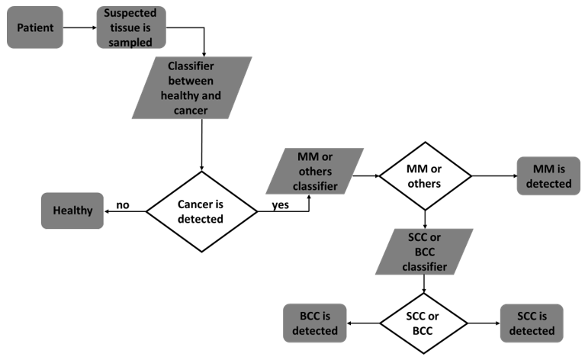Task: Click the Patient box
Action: pos(35,27)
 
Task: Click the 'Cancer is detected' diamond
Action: pos(202,211)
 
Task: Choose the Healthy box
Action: pos(72,211)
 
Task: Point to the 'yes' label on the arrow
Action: pos(280,204)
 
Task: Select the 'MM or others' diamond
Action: pos(425,175)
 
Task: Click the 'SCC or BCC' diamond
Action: pos(425,323)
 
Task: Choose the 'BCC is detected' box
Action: pos(313,323)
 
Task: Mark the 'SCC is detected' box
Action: pos(532,323)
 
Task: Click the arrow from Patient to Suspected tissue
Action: pos(79,28)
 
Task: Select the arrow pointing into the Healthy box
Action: pos(124,211)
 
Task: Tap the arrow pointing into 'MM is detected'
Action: pos(493,175)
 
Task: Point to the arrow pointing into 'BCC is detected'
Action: pos(364,323)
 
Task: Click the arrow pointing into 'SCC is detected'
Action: pos(483,323)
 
